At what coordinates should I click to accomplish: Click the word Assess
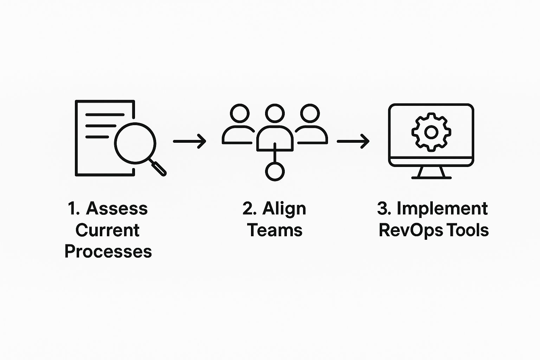(x=117, y=208)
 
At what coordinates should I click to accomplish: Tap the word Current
(x=108, y=230)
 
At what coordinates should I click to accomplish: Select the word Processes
(x=108, y=251)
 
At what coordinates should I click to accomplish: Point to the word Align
(x=284, y=209)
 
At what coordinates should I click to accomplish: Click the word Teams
(x=275, y=230)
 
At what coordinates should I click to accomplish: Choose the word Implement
(x=442, y=209)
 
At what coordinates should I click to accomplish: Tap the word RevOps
(x=411, y=231)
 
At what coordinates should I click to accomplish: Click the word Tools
(x=468, y=230)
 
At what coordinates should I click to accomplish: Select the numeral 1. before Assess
(x=74, y=208)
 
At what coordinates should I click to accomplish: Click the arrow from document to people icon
(x=189, y=141)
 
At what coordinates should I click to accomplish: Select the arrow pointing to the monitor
(x=353, y=141)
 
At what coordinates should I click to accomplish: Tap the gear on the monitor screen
(x=431, y=132)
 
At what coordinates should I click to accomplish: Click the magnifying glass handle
(x=157, y=167)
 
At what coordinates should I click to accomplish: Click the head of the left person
(x=240, y=113)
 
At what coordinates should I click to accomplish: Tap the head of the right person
(x=310, y=113)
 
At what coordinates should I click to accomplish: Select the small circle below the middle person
(x=275, y=172)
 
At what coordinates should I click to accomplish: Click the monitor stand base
(x=431, y=178)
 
